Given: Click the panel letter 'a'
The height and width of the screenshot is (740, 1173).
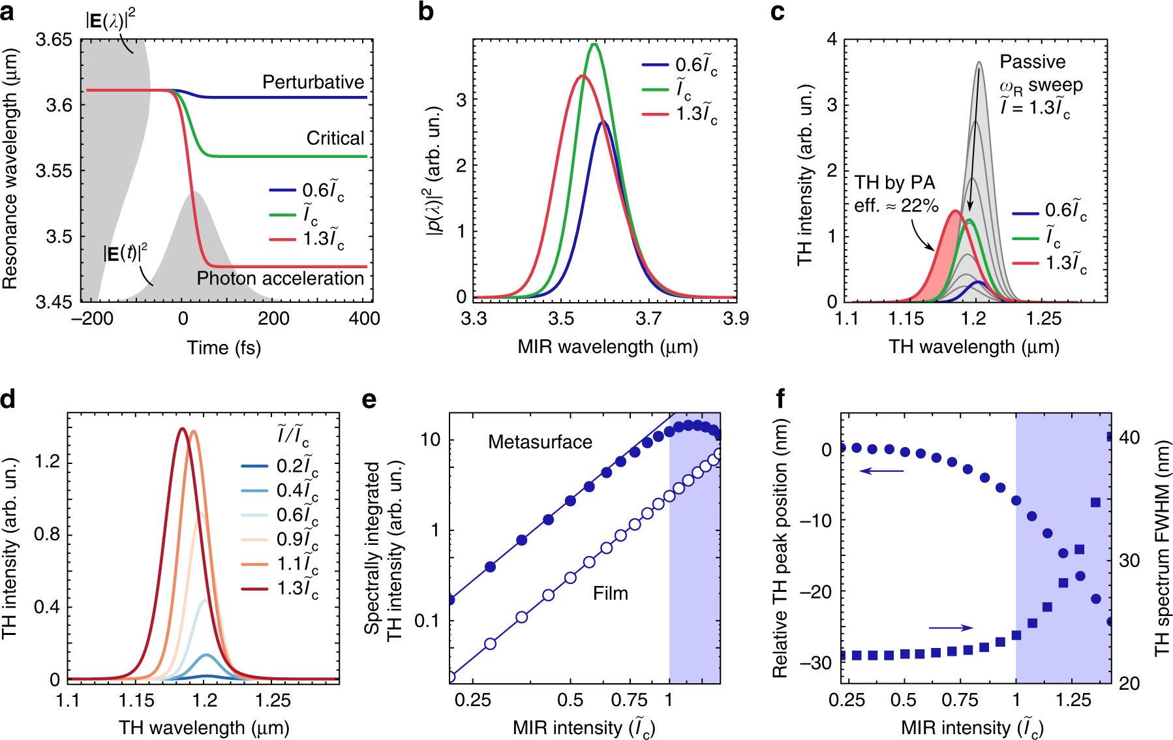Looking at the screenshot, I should (x=8, y=12).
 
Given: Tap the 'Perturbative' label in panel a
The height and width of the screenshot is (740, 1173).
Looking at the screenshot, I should (x=313, y=82).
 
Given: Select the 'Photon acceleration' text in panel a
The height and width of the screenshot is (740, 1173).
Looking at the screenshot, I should (x=281, y=279).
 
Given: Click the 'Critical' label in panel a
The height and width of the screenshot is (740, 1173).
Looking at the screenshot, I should (x=335, y=138).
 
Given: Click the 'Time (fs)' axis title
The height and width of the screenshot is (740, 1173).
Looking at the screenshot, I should (x=224, y=348).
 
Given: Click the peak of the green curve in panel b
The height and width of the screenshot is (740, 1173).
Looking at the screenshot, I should (x=594, y=44).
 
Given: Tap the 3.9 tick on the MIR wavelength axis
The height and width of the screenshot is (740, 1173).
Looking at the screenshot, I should (x=735, y=318).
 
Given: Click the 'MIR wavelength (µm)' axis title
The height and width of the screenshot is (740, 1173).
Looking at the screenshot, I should (x=607, y=347).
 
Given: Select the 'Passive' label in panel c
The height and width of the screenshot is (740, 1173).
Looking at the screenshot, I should (x=1033, y=62).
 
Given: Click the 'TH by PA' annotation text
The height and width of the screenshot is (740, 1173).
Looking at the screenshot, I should (x=895, y=183).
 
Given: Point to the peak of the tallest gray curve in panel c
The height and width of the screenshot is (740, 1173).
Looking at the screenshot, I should (x=979, y=63).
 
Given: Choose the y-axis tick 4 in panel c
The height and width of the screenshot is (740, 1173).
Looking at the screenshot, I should (x=832, y=40).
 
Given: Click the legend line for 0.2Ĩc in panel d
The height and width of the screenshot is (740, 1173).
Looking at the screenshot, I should (x=254, y=466).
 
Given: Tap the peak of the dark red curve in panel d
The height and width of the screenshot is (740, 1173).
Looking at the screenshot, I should (x=182, y=429).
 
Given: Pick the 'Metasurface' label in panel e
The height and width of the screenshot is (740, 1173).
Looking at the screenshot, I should (x=540, y=442).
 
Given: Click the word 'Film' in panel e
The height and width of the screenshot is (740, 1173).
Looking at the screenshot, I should (x=610, y=594).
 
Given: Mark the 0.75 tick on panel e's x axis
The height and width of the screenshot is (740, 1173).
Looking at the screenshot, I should (x=629, y=701).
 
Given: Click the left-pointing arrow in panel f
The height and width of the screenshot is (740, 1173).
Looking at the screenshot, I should (x=881, y=470).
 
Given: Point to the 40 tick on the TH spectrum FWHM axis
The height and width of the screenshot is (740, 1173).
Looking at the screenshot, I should (x=1129, y=437).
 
